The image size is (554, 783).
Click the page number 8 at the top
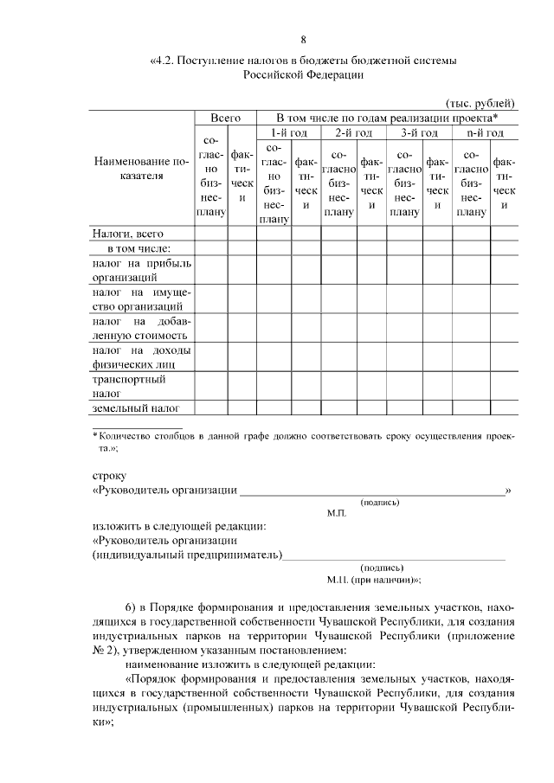(x=303, y=40)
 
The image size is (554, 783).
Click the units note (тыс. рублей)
(x=480, y=103)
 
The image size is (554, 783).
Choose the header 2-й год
(x=353, y=132)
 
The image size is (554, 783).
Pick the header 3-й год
(x=419, y=132)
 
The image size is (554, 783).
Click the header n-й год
(x=485, y=132)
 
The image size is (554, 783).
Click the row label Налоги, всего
(x=127, y=233)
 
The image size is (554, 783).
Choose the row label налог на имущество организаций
(x=140, y=298)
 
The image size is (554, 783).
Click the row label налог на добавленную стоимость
(x=140, y=328)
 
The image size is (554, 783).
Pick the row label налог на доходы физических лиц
(x=140, y=357)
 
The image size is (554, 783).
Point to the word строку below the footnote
(x=109, y=475)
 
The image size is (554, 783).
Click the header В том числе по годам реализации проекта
(x=386, y=117)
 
